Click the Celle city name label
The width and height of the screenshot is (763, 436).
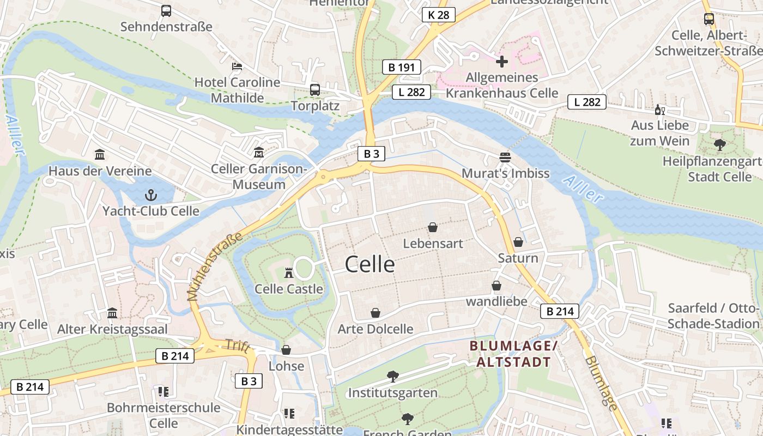370,264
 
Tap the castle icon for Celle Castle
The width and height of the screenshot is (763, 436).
289,272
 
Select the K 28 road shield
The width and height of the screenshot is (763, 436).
439,15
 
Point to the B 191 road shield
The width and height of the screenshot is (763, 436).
402,67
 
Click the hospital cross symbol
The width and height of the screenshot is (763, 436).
502,62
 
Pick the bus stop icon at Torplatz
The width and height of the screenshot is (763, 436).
315,90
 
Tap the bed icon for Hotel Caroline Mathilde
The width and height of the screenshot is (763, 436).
237,66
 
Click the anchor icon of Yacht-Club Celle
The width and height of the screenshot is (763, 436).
151,195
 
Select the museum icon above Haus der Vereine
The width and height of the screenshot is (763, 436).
100,155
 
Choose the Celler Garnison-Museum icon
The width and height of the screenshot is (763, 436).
259,153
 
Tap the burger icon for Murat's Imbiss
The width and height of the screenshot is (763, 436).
505,158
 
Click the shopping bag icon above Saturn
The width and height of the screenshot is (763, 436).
518,242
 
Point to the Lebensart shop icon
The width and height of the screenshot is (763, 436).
433,227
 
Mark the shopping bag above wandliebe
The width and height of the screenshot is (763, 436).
496,286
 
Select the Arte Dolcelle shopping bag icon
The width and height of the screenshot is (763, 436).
376,313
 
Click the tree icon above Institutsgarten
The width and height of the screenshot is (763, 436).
392,376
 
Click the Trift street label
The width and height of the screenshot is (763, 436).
240,346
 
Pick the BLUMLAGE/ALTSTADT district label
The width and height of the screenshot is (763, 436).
513,354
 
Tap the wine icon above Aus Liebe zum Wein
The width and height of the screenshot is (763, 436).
659,110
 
